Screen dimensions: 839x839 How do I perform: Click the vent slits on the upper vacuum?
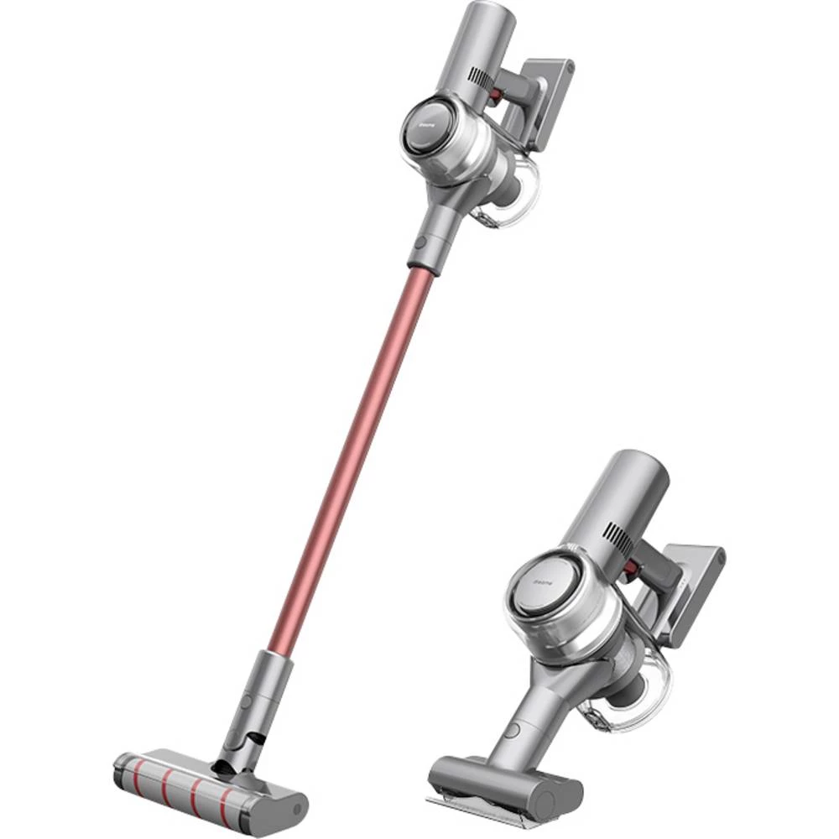click(x=479, y=78)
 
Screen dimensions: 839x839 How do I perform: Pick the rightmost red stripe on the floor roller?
click(x=227, y=794)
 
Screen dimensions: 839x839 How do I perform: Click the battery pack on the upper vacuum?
click(x=550, y=101)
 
